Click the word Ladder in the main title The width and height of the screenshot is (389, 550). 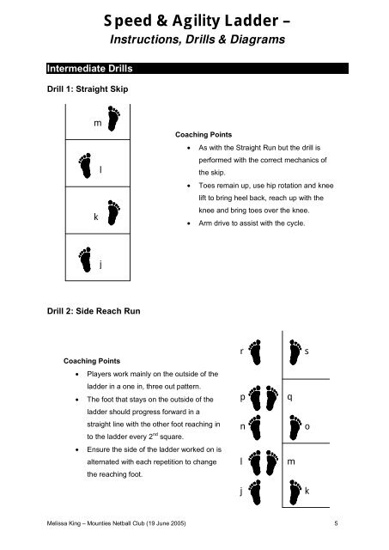coord(252,21)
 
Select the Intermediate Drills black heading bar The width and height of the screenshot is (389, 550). coord(198,69)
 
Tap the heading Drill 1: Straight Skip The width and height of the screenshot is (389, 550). coord(88,89)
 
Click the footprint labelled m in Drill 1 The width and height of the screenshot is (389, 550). coord(113,119)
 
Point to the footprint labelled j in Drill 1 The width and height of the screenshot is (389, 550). coord(85,260)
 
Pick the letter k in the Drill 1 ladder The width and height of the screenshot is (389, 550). coord(95,217)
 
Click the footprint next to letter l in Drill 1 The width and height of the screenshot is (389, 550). coord(85,166)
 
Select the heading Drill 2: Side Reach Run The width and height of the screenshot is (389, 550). coord(94,311)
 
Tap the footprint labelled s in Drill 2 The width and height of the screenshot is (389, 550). coord(295,352)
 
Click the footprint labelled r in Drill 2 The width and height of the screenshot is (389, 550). coord(255,352)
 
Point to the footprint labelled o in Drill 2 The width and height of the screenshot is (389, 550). coord(295,428)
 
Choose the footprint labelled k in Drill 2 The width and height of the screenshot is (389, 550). coord(295,492)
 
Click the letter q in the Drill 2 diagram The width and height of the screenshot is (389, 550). coord(290,397)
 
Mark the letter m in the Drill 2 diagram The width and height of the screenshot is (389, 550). coord(291,461)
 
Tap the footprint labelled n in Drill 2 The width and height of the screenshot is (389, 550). coord(255,428)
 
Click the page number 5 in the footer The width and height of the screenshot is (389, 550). coord(336,523)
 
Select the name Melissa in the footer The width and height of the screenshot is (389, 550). coord(55,523)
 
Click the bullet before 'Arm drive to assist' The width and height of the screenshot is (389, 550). coord(189,223)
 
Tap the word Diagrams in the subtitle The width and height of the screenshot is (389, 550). coord(258,40)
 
